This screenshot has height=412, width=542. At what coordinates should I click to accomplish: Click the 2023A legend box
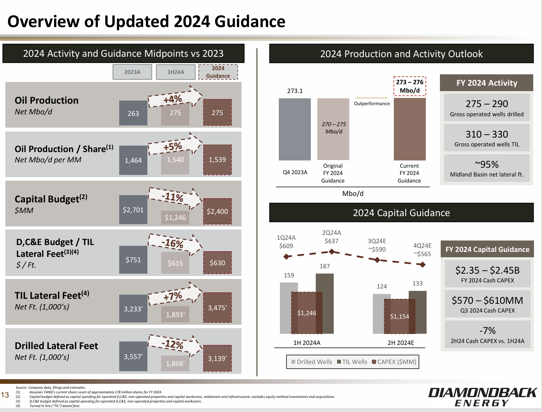(x=132, y=72)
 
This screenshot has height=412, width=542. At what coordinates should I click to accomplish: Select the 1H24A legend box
(x=176, y=72)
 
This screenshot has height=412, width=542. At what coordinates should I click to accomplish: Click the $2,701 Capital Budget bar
(x=133, y=210)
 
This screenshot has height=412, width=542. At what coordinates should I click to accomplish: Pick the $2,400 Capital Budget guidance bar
(x=217, y=211)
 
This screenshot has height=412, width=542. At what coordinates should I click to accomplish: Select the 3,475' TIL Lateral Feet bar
(x=217, y=308)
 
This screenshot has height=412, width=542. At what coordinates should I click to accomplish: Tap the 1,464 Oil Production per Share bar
(x=133, y=160)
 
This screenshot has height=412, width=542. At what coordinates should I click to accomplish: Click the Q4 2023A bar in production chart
(x=294, y=129)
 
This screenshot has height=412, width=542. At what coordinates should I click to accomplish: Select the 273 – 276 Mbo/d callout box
(x=409, y=87)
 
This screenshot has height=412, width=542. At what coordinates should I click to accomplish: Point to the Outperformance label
(x=372, y=103)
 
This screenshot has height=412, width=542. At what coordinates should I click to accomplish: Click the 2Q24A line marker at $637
(x=332, y=252)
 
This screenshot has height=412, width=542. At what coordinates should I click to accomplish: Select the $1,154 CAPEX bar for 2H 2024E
(x=399, y=316)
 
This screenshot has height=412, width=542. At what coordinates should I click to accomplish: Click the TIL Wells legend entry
(x=352, y=362)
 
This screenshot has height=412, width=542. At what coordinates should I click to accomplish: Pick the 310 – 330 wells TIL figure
(x=486, y=138)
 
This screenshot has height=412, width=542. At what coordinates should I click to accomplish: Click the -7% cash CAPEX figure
(x=487, y=334)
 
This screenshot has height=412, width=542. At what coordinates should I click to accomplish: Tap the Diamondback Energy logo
(x=482, y=397)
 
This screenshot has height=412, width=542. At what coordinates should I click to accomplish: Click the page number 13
(x=5, y=395)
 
